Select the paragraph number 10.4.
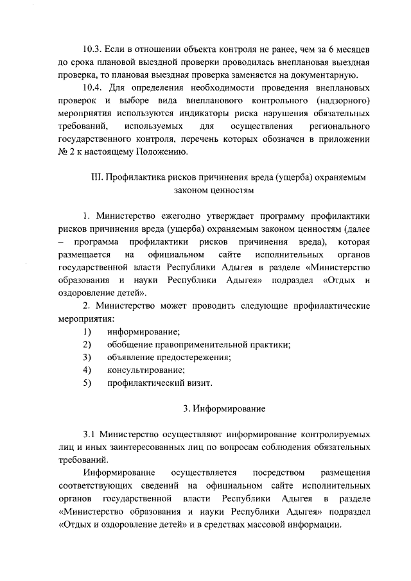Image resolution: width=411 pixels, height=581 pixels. pyautogui.click(x=94, y=89)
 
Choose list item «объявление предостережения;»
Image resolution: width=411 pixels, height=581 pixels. pyautogui.click(x=169, y=358)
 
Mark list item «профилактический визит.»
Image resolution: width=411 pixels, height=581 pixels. pyautogui.click(x=159, y=383)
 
